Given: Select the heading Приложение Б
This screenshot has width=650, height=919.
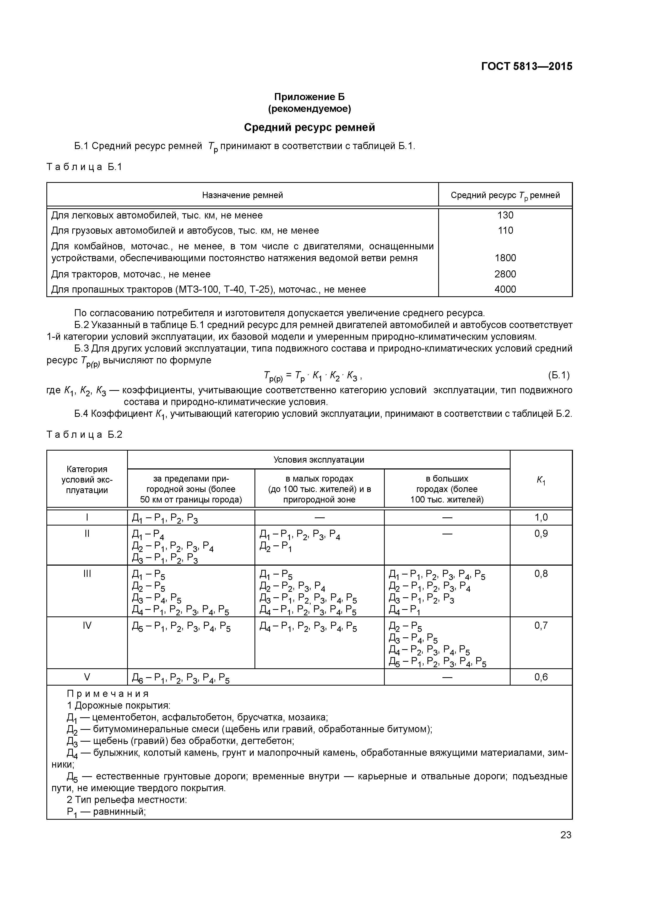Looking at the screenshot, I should tap(309, 97).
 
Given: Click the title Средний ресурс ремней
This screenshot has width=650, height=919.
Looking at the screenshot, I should tap(309, 128).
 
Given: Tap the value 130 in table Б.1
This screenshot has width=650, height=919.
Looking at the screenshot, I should tap(505, 215).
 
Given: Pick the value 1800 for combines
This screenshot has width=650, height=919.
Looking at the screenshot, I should tap(505, 258).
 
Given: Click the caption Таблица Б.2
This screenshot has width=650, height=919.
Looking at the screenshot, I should tap(84, 435).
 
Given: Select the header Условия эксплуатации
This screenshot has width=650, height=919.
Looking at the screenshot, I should tap(318, 460).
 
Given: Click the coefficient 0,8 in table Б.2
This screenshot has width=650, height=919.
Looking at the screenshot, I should tap(541, 573).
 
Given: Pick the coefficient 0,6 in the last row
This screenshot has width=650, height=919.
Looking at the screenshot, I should tap(541, 677).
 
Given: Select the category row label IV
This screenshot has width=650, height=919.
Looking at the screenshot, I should tap(87, 625).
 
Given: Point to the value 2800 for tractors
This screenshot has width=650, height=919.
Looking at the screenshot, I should tap(505, 274).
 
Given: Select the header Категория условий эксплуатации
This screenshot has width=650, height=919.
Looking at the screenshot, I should tap(87, 479).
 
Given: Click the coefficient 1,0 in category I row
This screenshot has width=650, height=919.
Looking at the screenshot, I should tap(541, 518).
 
